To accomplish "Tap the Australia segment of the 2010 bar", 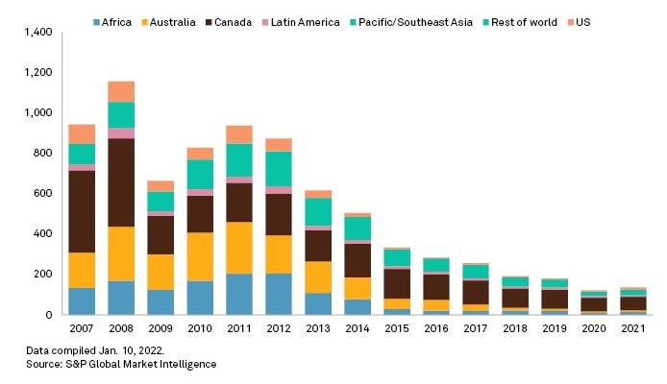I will pyautogui.click(x=199, y=256).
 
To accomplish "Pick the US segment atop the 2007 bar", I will pyautogui.click(x=82, y=133).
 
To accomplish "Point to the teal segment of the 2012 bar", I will pyautogui.click(x=280, y=168).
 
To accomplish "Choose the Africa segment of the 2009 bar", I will pyautogui.click(x=161, y=301).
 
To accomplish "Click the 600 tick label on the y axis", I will pyautogui.click(x=40, y=194).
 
